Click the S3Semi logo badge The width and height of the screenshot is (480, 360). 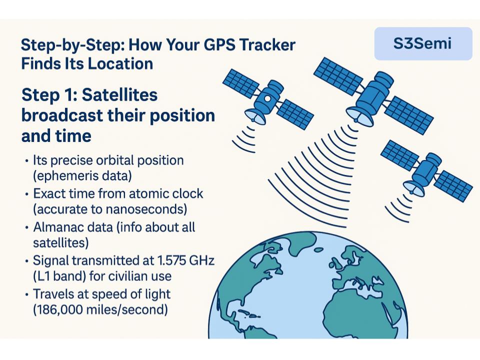tap(423, 43)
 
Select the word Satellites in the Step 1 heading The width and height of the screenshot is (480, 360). tap(119, 94)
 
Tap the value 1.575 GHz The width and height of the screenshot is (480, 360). tap(185, 260)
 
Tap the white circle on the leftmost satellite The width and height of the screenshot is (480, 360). tap(267, 98)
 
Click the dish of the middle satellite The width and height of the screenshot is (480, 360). tap(359, 115)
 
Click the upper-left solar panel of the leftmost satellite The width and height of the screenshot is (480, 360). tap(241, 83)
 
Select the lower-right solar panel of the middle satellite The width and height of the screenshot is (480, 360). tap(409, 115)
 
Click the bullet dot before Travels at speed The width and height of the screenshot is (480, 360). tap(27, 294)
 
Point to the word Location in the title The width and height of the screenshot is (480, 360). tap(120, 64)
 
